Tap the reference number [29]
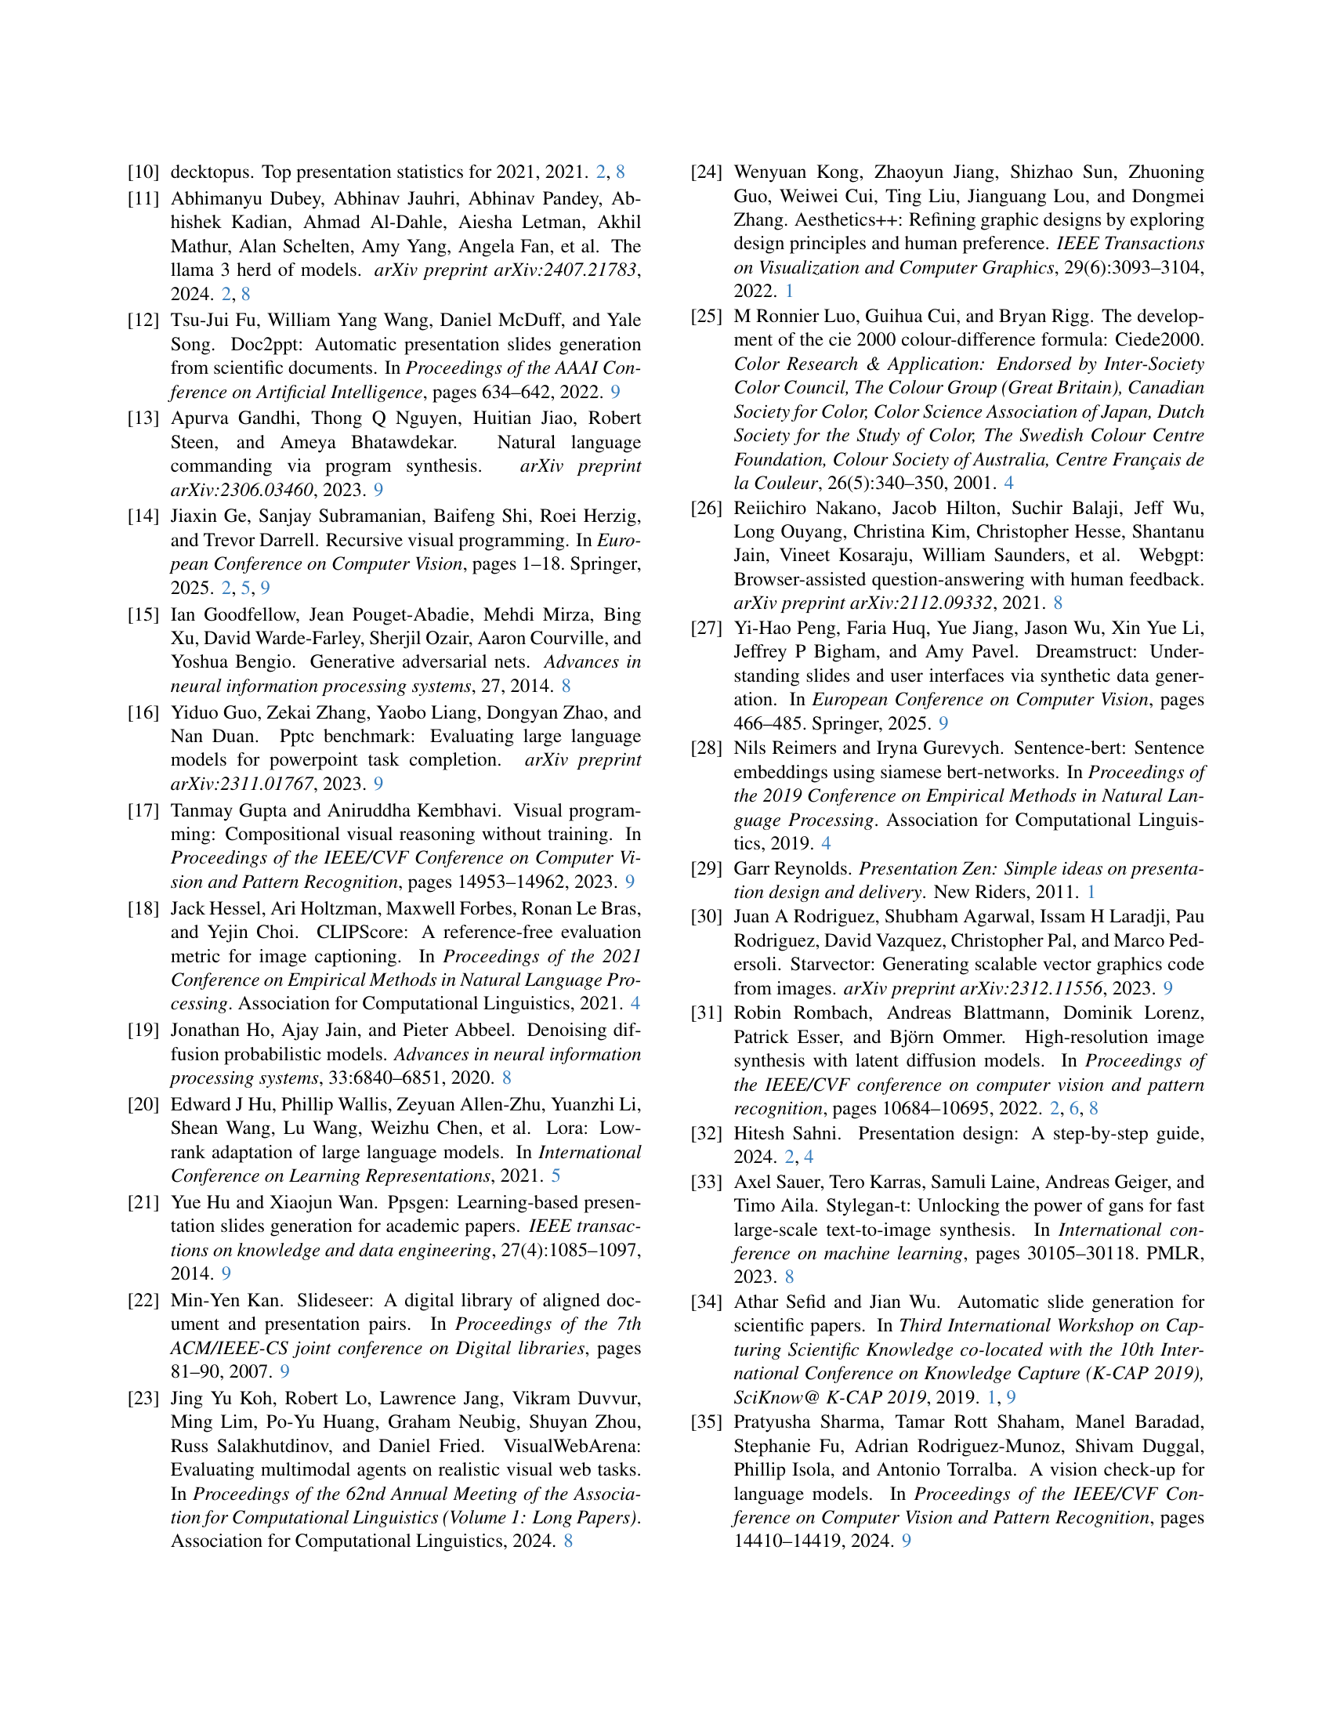706,868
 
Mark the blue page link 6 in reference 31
1074,1108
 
